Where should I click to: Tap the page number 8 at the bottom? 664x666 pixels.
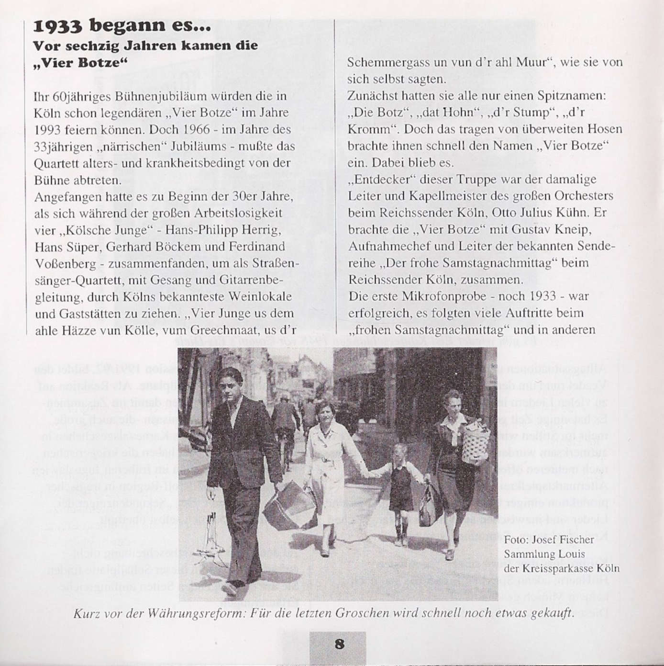pyautogui.click(x=339, y=644)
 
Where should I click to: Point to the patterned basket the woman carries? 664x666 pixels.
pyautogui.click(x=473, y=440)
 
